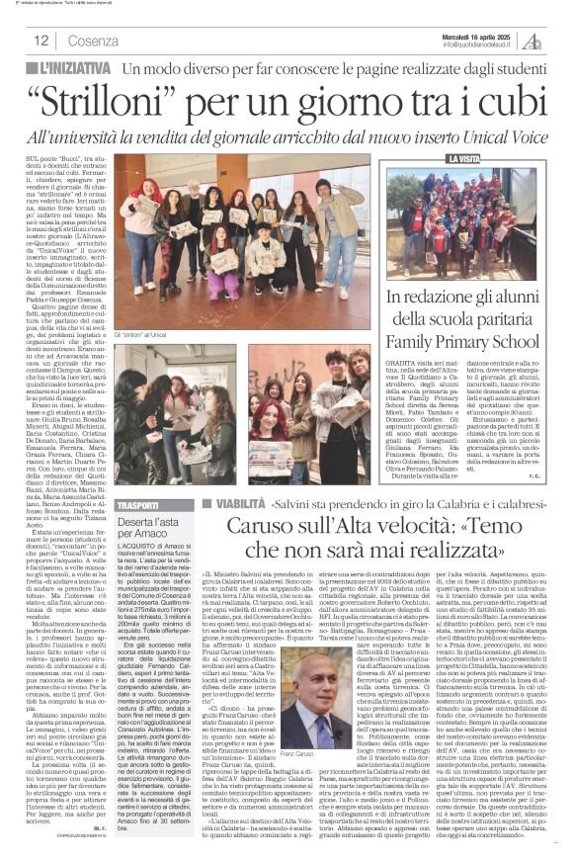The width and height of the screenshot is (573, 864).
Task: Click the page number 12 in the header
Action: pyautogui.click(x=41, y=41)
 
